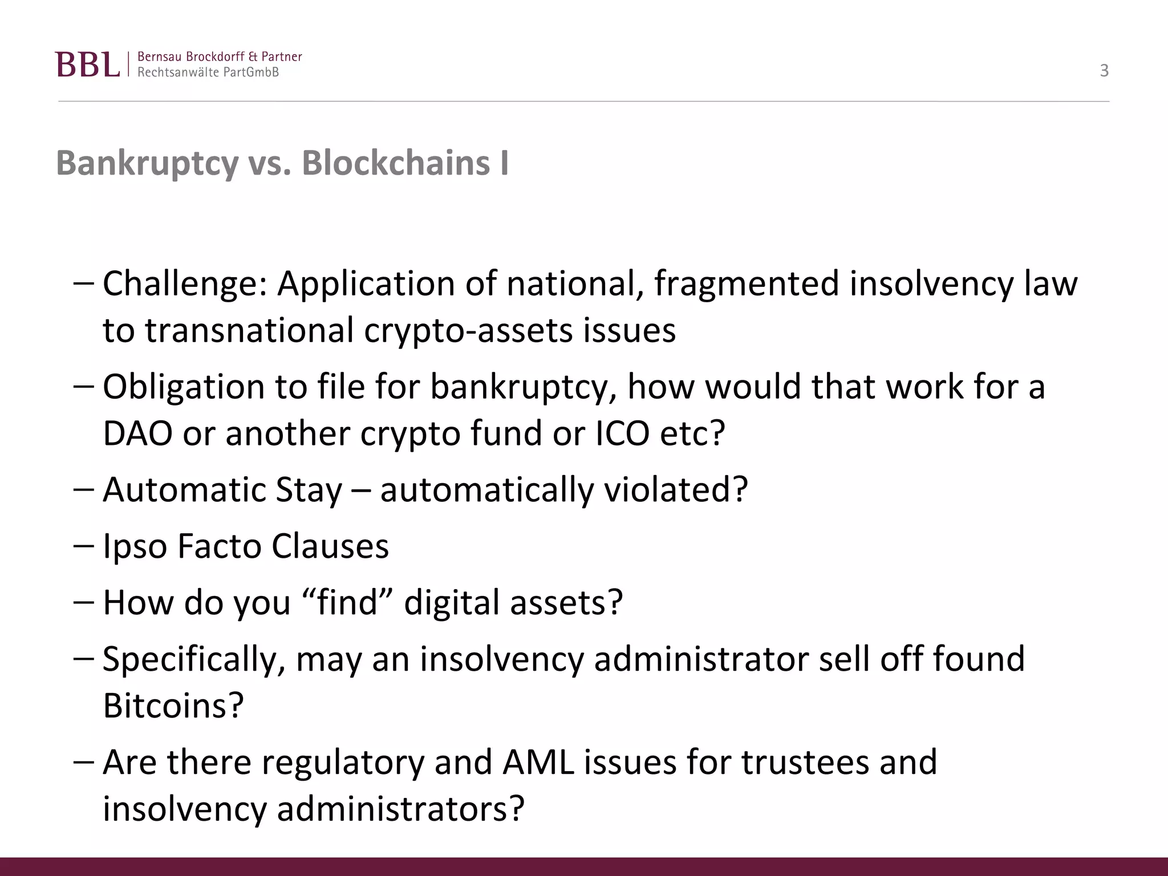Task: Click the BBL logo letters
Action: (88, 64)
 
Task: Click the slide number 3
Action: (1104, 71)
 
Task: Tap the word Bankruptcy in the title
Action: (147, 164)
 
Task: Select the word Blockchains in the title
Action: (396, 164)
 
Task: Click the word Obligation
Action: (183, 387)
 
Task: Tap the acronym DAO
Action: (137, 433)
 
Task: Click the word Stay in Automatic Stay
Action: (309, 489)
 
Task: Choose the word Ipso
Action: (135, 546)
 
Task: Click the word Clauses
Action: (330, 546)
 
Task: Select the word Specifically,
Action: (194, 659)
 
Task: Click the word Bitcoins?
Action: (173, 706)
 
